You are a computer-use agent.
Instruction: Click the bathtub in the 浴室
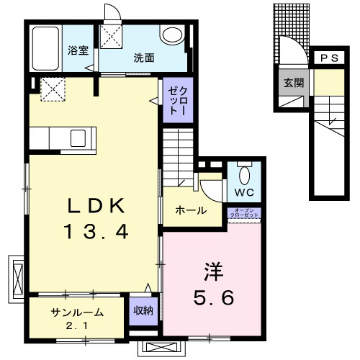pos(45,48)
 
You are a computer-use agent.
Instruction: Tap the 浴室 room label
pos(78,50)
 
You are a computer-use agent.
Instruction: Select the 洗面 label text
pos(144,58)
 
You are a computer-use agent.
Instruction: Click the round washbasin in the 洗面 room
pos(173,35)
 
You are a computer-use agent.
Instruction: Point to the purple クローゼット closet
pos(178,100)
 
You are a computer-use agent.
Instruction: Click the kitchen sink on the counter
pos(78,138)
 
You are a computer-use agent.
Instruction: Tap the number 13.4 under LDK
pos(96,231)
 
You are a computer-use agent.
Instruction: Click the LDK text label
pos(96,206)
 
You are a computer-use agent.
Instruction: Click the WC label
pos(244,192)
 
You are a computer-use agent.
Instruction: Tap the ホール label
pos(191,210)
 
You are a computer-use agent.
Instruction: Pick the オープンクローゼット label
pos(244,213)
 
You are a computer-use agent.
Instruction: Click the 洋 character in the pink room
pos(213,271)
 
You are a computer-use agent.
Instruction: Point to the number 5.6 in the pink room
pos(214,297)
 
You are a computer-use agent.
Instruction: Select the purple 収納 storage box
pos(143,311)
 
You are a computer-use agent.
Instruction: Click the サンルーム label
pos(77,312)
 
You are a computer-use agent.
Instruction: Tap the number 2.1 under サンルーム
pos(77,325)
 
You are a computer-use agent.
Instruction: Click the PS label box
pos(330,58)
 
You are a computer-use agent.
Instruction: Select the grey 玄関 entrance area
pos(294,88)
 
